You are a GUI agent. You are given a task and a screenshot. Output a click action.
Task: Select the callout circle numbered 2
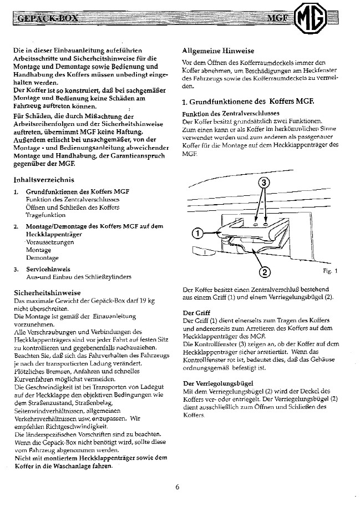point(265,271)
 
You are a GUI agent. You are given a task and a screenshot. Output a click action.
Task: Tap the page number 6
point(177,487)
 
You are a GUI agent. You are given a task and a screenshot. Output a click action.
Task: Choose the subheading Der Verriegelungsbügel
point(218,383)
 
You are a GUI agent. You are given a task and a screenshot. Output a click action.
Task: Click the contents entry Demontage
point(42,257)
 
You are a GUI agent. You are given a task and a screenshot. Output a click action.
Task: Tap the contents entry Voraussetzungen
point(51,242)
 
